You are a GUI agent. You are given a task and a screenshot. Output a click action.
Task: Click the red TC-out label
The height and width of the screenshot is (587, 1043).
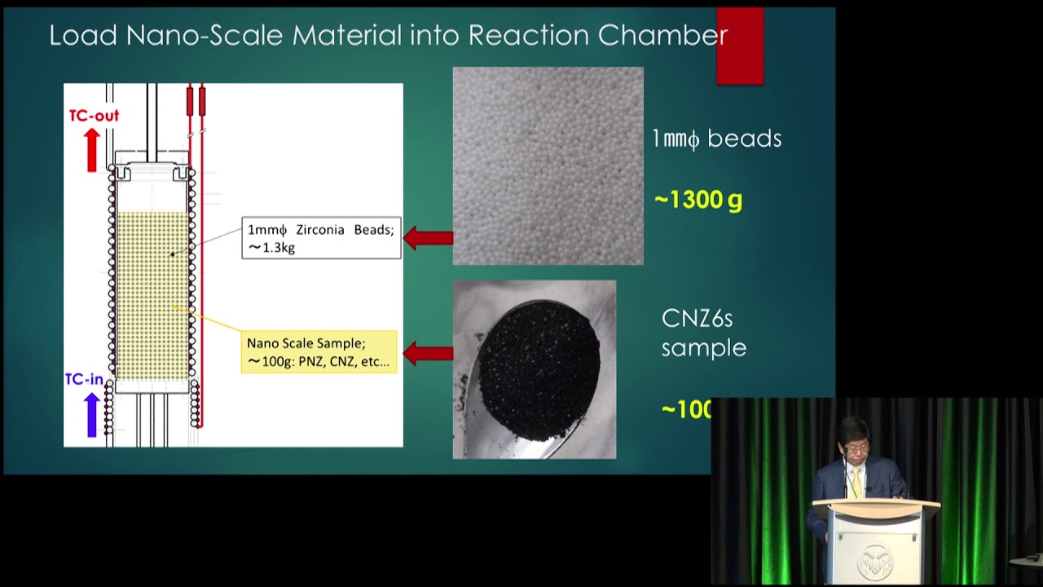point(94,116)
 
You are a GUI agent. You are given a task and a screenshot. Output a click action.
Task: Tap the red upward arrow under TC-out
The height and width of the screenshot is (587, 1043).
point(92,150)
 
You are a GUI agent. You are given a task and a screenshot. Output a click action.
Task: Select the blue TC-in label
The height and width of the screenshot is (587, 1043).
point(84,379)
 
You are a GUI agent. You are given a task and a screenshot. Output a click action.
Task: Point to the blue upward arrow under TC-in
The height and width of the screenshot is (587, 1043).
point(92,413)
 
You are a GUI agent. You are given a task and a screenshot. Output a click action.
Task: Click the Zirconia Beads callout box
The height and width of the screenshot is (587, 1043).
point(321,238)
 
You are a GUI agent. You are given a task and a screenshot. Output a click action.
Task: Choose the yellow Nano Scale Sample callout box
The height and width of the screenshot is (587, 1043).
point(319,352)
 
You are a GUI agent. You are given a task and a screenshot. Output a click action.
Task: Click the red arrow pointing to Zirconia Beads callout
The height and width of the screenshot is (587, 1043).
point(428,238)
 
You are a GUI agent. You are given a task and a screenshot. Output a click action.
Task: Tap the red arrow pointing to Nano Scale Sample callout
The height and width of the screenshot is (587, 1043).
point(428,354)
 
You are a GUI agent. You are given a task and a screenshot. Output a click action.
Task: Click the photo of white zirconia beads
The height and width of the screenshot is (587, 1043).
point(548,166)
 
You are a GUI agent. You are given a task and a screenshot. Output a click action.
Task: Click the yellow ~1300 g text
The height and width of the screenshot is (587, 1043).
point(698,200)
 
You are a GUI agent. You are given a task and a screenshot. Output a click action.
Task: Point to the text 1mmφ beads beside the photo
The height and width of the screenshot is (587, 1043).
point(716,139)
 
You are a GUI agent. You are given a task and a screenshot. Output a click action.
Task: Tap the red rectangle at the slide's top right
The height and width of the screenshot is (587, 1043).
point(740,46)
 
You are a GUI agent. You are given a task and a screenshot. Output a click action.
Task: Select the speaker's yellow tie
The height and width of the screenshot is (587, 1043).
point(856,482)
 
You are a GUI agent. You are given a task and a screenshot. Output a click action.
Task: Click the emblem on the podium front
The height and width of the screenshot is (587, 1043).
point(874,560)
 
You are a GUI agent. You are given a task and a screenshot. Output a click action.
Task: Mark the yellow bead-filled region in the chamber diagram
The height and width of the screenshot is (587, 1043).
point(152,293)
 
